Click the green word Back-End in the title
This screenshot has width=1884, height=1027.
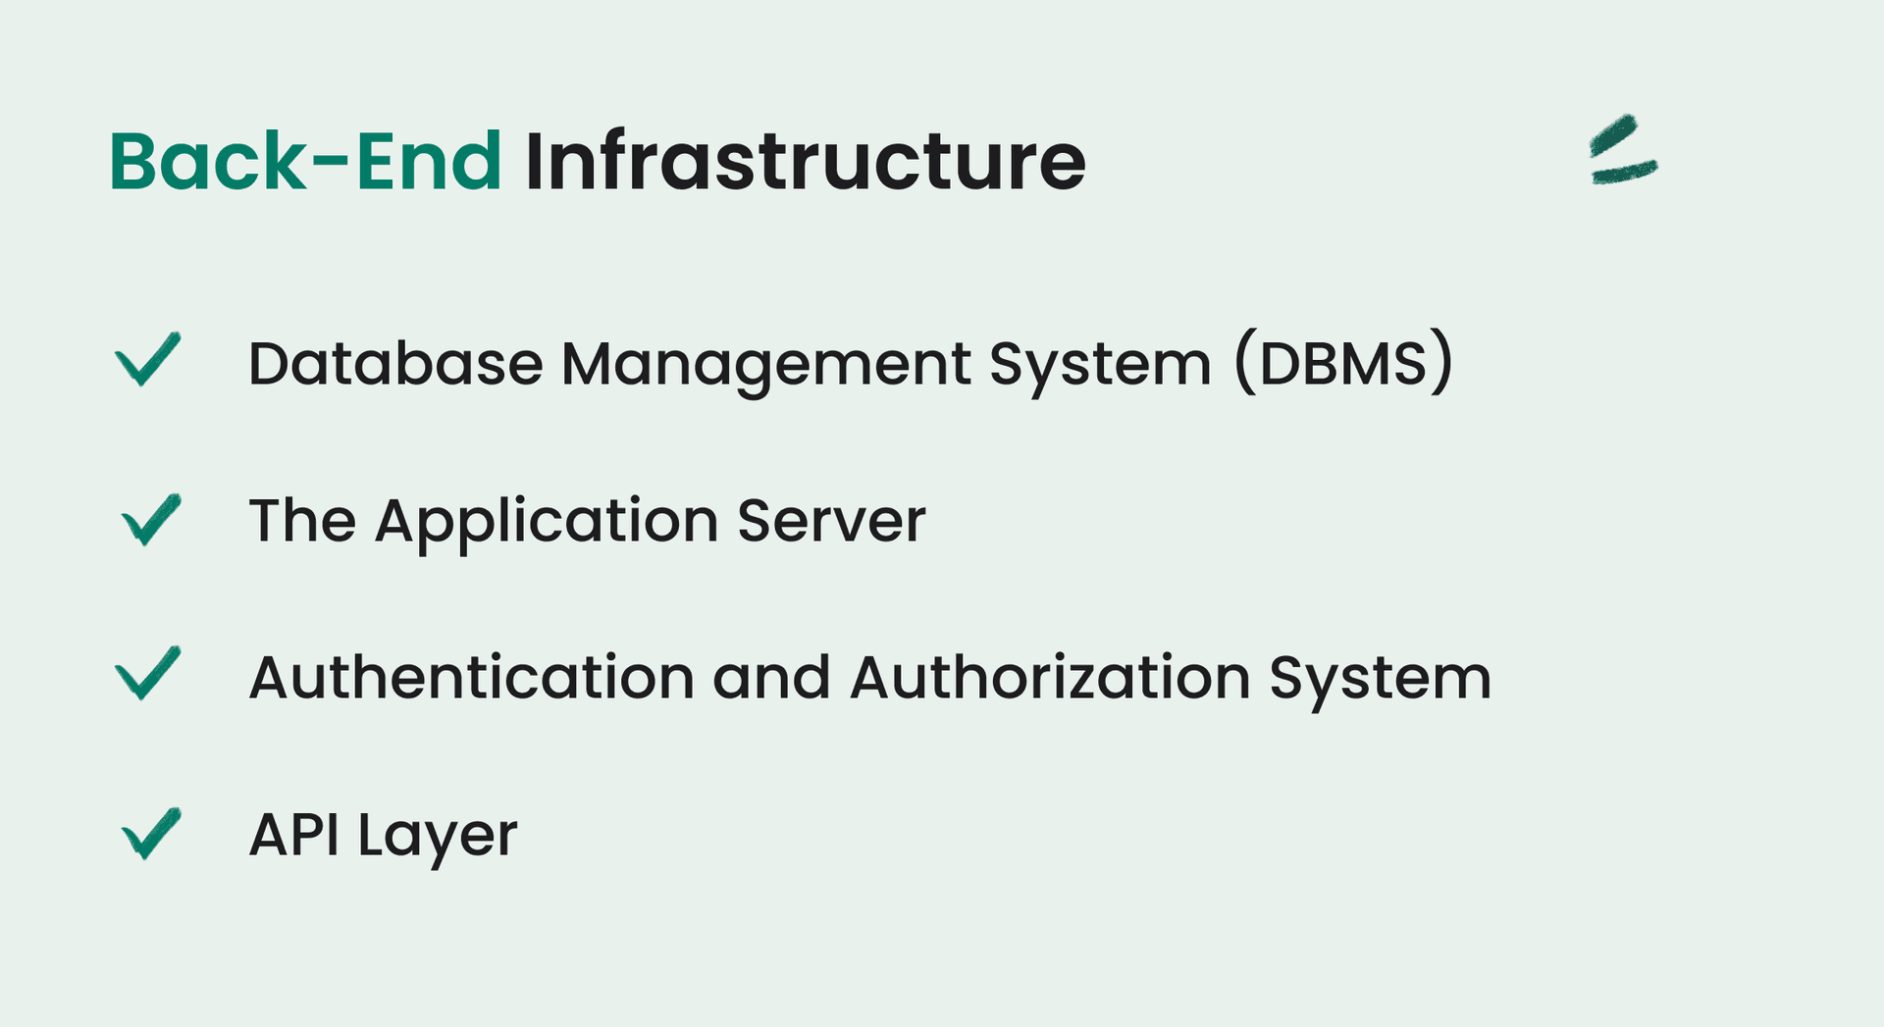click(305, 161)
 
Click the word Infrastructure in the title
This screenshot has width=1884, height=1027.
click(806, 161)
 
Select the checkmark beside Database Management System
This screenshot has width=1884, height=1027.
click(148, 359)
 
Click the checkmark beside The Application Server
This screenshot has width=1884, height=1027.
click(151, 519)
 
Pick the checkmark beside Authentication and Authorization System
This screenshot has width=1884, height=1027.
click(148, 673)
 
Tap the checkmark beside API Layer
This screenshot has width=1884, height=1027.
click(151, 833)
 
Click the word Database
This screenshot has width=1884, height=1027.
click(395, 364)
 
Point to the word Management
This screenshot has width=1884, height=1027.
click(766, 367)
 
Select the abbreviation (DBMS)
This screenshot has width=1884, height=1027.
click(1343, 363)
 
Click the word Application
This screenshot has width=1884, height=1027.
click(547, 523)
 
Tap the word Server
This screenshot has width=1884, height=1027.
click(831, 521)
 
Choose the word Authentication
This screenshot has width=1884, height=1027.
click(472, 677)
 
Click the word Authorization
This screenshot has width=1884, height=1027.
click(1050, 677)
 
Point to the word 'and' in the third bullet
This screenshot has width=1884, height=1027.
click(771, 678)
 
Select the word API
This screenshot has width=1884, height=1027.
click(293, 835)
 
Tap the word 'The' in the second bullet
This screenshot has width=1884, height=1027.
click(302, 520)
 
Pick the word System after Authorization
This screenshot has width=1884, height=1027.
click(1381, 681)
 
